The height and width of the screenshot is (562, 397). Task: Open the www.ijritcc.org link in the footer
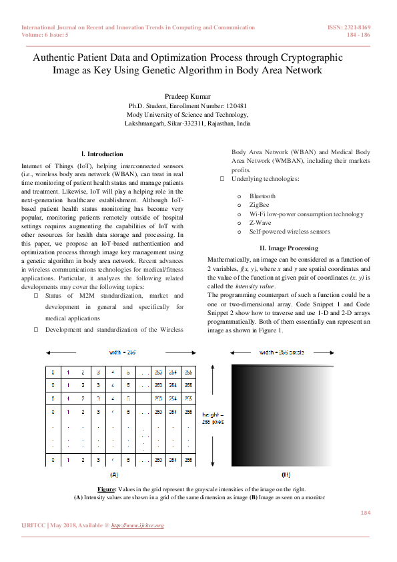click(x=137, y=525)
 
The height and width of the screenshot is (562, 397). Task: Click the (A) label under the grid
click(x=113, y=474)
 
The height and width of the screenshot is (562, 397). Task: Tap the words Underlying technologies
click(x=265, y=180)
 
